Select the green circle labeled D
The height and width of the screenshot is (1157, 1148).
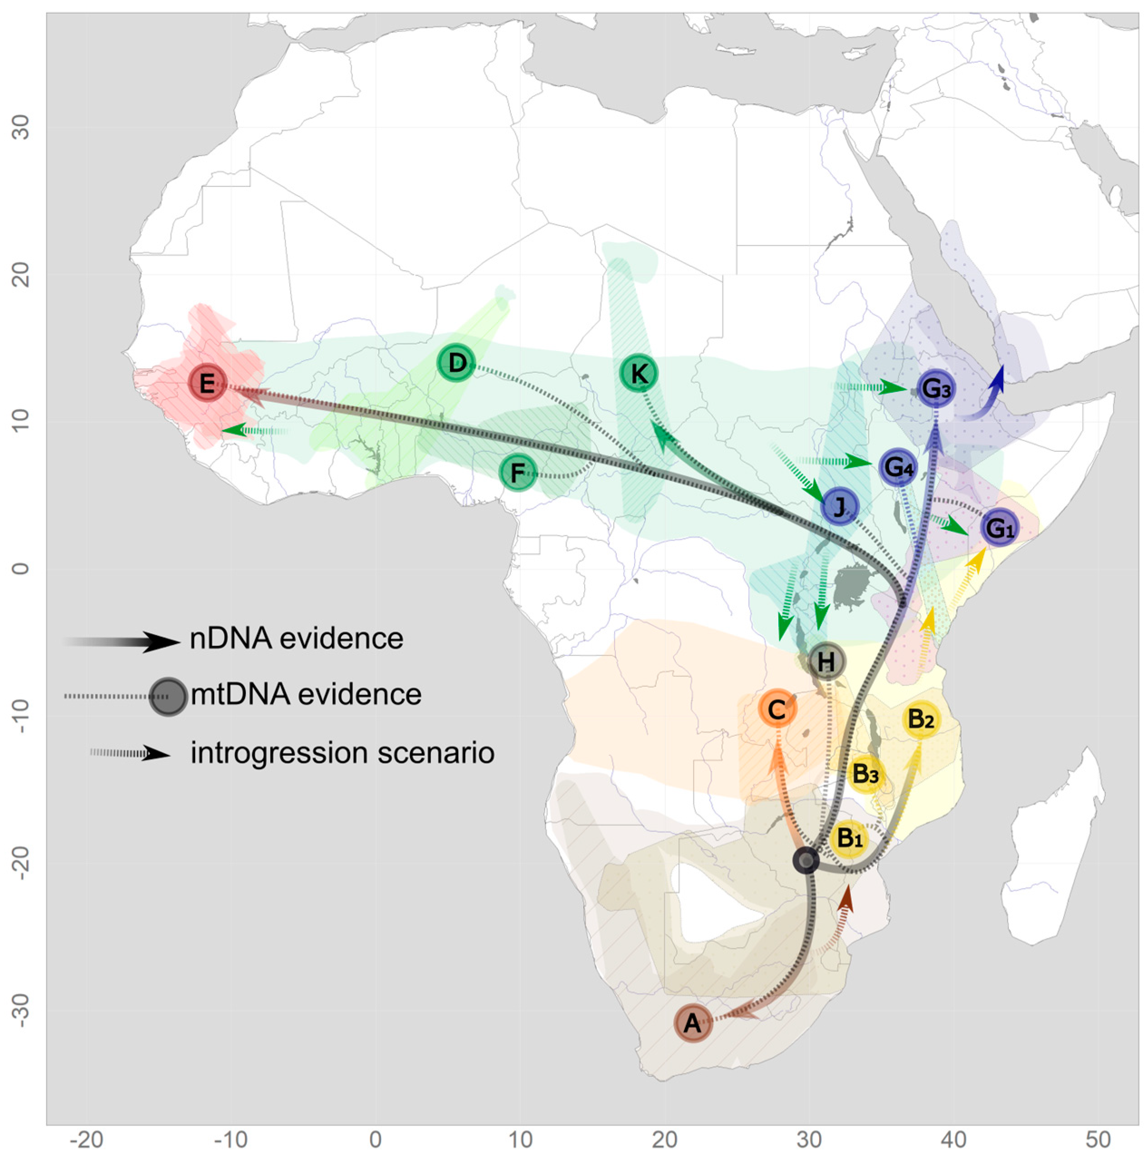click(456, 362)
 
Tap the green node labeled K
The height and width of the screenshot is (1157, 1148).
click(638, 374)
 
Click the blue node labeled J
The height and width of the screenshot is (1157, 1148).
click(840, 507)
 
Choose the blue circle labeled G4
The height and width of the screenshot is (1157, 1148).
click(898, 467)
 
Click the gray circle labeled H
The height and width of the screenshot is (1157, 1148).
click(826, 662)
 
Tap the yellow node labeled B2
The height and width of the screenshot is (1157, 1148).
click(921, 718)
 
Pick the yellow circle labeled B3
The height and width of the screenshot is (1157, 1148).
click(865, 774)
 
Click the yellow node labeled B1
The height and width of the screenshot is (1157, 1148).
click(849, 838)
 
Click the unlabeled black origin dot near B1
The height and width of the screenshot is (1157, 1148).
click(806, 860)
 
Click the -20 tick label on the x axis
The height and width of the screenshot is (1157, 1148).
click(87, 1139)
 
